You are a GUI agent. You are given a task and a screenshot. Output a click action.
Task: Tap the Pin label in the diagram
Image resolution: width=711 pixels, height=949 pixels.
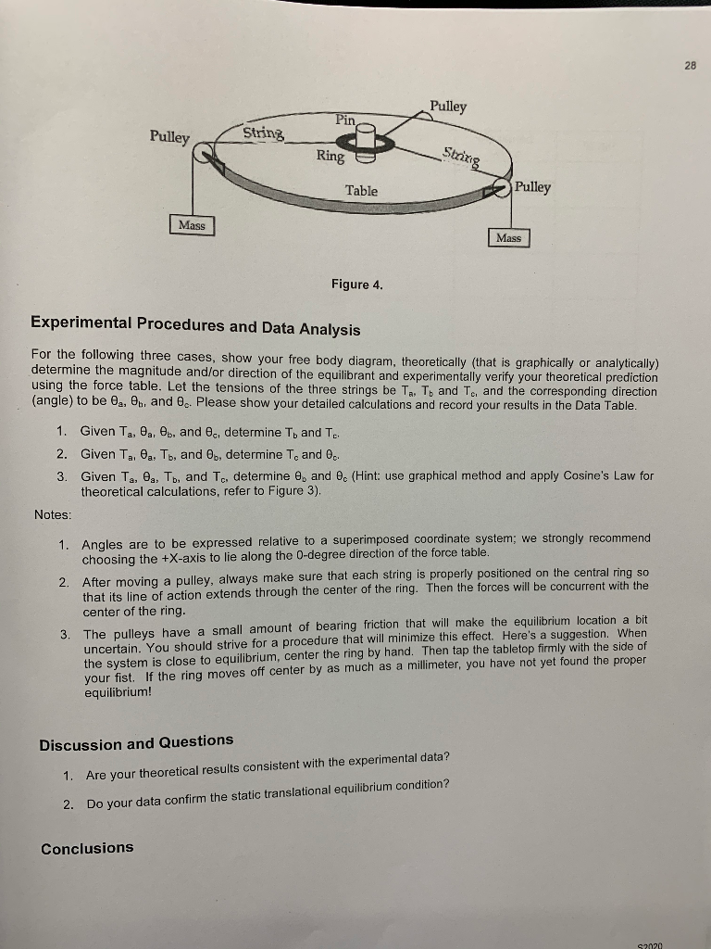coord(345,120)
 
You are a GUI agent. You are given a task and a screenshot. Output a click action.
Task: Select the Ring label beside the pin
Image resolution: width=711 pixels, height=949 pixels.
coord(329,157)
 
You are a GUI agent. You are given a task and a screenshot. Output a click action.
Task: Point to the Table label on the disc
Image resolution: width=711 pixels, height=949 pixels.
coord(361,190)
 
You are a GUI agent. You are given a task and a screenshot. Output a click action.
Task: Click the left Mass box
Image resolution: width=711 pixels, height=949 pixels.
coord(193,225)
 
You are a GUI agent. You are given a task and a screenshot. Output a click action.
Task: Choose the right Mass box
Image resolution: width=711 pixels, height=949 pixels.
coord(508,238)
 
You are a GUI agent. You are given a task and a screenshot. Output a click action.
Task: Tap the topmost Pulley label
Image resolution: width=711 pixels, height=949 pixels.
coord(448,107)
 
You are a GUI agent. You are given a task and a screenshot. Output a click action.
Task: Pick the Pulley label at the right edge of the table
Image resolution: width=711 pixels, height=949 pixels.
coord(532,187)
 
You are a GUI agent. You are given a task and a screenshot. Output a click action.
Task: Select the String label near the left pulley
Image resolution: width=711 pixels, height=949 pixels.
coord(264,134)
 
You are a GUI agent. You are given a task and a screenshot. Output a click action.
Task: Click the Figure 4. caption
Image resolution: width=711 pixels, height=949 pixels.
coord(355,285)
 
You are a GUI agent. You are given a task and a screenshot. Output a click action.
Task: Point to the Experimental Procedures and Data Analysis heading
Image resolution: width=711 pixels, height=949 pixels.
coord(195,327)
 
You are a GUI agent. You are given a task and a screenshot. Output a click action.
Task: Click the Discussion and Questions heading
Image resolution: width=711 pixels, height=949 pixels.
coord(136,742)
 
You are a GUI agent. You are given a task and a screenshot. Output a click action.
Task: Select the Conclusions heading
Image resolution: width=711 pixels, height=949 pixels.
coord(87,847)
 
